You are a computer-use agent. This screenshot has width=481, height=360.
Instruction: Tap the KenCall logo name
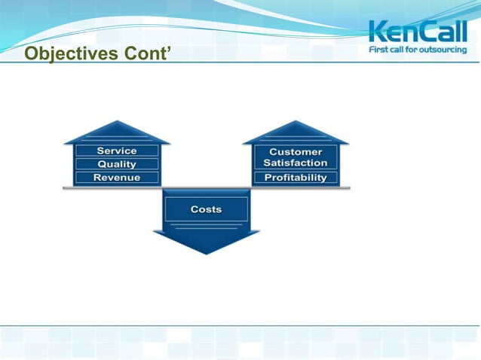[418, 32]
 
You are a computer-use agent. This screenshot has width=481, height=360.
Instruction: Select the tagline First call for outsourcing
[418, 50]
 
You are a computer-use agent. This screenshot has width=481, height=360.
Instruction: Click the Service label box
[117, 151]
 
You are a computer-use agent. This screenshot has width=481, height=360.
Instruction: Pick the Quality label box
[117, 164]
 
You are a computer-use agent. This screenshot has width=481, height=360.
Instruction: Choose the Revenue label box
[117, 178]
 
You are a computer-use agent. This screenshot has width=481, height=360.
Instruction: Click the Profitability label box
[296, 178]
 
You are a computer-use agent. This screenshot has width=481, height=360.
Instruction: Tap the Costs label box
[206, 209]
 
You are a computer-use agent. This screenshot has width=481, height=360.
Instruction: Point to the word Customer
[296, 151]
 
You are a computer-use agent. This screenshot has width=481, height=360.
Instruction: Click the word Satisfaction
[296, 163]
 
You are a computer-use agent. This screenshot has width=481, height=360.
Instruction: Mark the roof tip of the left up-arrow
[117, 121]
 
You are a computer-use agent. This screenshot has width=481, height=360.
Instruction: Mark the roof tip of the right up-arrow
[296, 121]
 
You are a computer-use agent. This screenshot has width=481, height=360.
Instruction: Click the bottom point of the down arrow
[207, 254]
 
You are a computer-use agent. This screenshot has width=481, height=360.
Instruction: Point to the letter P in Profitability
[267, 178]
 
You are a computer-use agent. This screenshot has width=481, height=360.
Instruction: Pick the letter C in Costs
[194, 209]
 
